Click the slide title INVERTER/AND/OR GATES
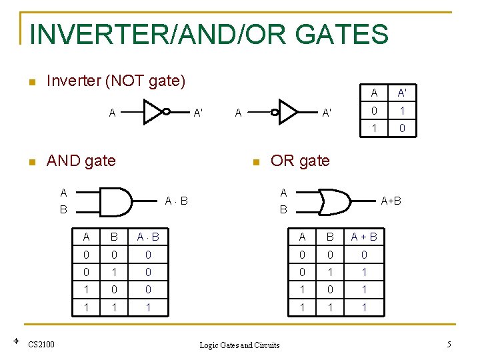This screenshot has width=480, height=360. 209,34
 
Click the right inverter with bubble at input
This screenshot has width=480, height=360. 287,111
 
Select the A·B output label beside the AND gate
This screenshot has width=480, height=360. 176,201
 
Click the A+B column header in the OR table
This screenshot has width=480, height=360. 364,237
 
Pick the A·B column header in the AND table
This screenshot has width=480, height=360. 148,237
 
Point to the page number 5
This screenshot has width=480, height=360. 449,344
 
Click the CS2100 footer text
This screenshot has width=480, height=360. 41,344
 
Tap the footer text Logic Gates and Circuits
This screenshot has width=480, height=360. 239,345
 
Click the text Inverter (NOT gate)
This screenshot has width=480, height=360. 115,81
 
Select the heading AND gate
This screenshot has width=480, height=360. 81,161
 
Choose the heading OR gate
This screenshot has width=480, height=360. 299,161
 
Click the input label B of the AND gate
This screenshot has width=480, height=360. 63,209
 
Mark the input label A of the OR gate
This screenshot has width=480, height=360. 283,193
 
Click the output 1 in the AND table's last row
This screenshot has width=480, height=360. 148,307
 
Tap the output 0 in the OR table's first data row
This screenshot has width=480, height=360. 364,255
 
